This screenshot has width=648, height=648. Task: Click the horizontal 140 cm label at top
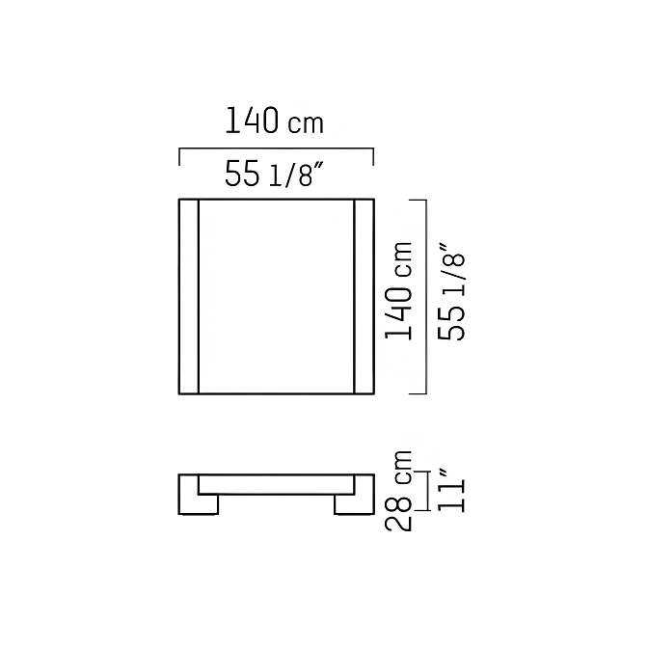(x=274, y=121)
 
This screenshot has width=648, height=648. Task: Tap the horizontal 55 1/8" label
(x=274, y=174)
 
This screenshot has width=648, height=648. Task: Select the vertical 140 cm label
(x=399, y=291)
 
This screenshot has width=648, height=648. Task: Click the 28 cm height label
(x=399, y=491)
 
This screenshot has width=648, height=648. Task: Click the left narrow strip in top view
(x=189, y=296)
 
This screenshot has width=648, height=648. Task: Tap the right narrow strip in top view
(x=364, y=296)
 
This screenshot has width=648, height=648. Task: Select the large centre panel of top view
(x=277, y=296)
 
